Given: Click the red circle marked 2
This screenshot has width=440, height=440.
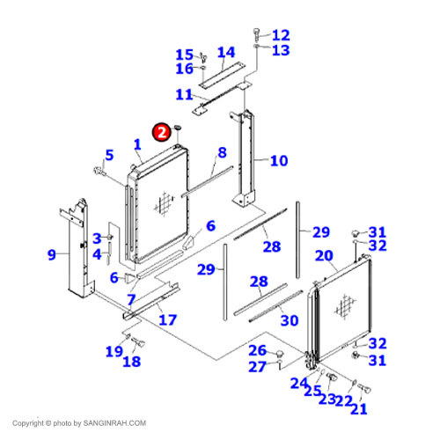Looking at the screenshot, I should [x=161, y=132].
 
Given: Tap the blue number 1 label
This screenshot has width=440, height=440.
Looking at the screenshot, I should [x=138, y=144].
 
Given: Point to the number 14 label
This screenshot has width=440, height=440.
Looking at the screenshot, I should [x=226, y=53].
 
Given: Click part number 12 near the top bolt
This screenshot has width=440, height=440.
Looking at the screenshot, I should [x=281, y=35].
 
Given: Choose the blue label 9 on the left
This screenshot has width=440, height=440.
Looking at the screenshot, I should [x=52, y=255].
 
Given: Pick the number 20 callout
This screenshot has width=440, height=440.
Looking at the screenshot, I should [x=325, y=257].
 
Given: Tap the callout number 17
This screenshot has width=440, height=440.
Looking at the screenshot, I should [x=167, y=319].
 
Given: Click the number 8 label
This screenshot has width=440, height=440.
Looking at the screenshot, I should [x=222, y=153].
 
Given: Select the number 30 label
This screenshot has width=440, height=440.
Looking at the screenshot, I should [x=290, y=320].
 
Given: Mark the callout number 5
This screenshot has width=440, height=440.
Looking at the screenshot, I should [x=109, y=156].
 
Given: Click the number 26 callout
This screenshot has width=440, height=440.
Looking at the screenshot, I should [x=256, y=350].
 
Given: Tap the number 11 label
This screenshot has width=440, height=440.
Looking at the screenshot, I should [x=184, y=94].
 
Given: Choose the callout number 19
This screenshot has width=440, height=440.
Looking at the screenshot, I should [x=114, y=352].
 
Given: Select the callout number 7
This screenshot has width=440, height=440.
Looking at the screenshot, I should [x=130, y=299].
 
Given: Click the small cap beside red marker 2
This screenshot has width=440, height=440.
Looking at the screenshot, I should [x=178, y=128].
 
